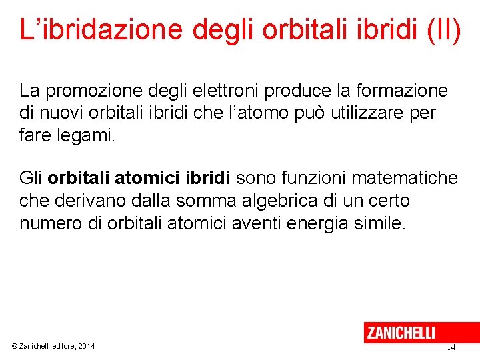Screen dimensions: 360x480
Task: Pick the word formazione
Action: click(x=405, y=90)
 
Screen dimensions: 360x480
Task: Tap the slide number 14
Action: click(x=451, y=347)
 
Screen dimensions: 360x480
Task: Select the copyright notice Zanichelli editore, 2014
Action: click(x=53, y=346)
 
